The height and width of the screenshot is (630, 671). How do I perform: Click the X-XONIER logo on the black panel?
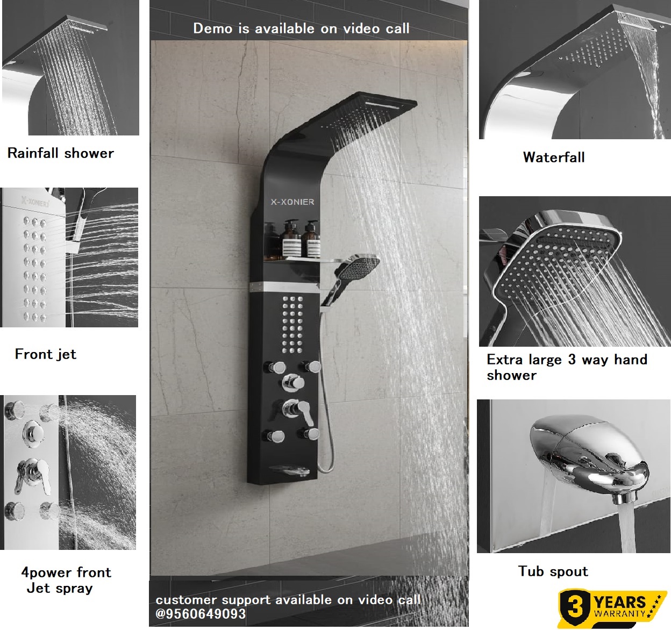(292, 202)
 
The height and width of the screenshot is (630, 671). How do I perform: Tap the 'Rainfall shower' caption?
(61, 153)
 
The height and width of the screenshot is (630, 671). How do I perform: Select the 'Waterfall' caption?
(554, 157)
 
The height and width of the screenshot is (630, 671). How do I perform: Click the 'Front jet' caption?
(46, 354)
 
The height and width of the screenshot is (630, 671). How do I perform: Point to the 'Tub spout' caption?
(553, 571)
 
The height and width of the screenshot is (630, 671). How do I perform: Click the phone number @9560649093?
(201, 614)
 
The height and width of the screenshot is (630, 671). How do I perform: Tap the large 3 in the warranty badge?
(575, 607)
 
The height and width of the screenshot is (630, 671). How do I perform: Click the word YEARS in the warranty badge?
(619, 602)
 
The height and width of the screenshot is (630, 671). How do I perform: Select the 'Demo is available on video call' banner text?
(301, 28)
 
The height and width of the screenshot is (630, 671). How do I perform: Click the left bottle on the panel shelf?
(291, 240)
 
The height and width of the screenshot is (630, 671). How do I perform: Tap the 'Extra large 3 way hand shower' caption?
(567, 367)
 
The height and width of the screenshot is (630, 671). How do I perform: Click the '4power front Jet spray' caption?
(66, 580)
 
